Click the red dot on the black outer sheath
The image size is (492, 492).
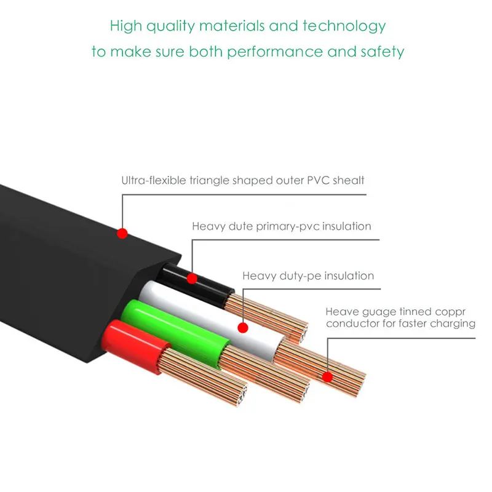pyautogui.click(x=122, y=233)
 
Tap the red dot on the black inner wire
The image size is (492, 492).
pyautogui.click(x=192, y=279)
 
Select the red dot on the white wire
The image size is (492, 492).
pyautogui.click(x=243, y=328)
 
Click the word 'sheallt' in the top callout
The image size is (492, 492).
pyautogui.click(x=348, y=180)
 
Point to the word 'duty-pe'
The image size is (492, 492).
pyautogui.click(x=296, y=276)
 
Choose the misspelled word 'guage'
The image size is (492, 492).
pyautogui.click(x=369, y=312)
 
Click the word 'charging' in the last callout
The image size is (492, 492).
pyautogui.click(x=454, y=323)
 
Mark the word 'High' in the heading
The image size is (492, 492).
pyautogui.click(x=125, y=26)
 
